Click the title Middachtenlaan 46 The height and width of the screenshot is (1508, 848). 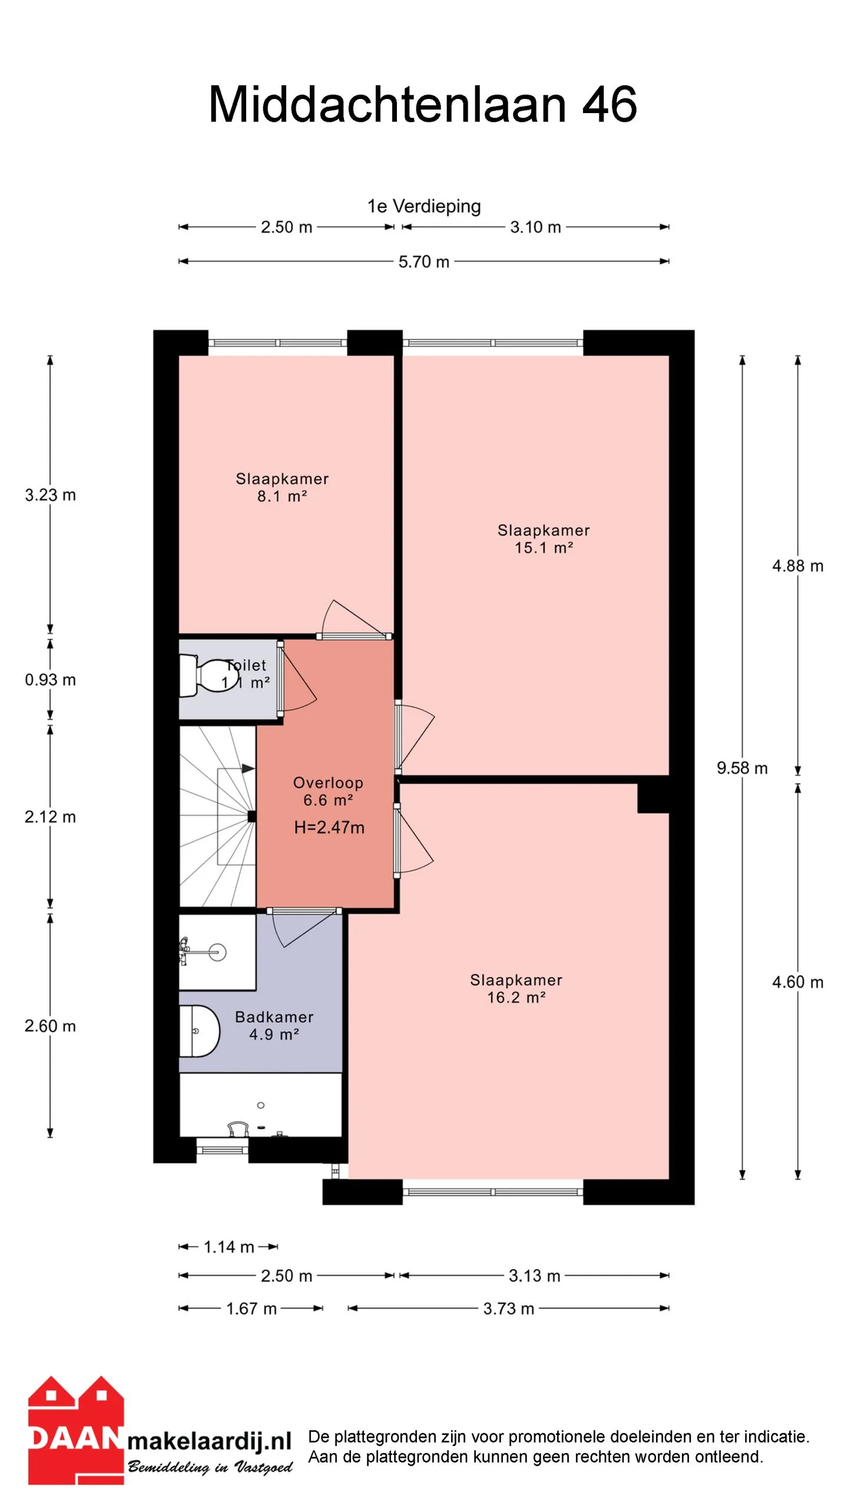click(423, 104)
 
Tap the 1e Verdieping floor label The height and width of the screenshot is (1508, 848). click(424, 206)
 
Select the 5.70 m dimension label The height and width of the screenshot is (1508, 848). click(424, 262)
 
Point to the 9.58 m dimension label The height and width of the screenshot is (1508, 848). click(742, 768)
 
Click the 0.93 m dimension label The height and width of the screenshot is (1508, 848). click(50, 680)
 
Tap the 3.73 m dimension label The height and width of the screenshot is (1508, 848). click(509, 1309)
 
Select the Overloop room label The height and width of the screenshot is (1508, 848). click(328, 783)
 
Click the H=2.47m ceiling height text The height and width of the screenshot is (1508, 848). click(329, 828)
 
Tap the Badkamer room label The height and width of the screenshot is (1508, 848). click(274, 1017)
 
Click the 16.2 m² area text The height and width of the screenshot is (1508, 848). click(516, 997)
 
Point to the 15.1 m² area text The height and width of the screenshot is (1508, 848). click(544, 548)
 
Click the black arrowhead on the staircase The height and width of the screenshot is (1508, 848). click(248, 769)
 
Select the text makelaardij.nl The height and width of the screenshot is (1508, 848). click(210, 1441)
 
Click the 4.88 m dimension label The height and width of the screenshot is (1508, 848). click(798, 566)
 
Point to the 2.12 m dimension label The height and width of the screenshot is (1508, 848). click(50, 817)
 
